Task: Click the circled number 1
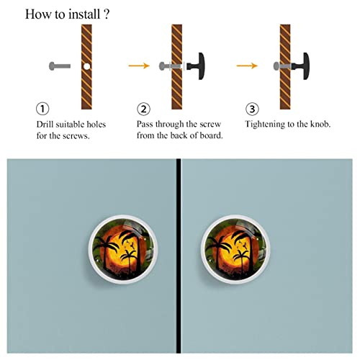point(42,109)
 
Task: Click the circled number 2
point(143,109)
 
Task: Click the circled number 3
point(252,109)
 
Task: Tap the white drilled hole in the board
point(87,66)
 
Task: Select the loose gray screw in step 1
point(60,66)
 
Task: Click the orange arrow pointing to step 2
point(139,66)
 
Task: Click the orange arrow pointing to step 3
point(247,66)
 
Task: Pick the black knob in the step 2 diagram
point(196,66)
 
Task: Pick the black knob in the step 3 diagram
point(301,66)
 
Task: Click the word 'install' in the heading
point(84,14)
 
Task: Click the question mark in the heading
point(107,14)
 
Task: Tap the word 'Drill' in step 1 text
point(45,125)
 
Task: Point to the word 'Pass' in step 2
point(145,124)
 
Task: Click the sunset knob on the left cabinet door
point(122,249)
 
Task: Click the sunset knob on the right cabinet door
point(235,249)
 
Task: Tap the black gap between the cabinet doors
point(179,256)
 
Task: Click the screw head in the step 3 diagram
point(276,66)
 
